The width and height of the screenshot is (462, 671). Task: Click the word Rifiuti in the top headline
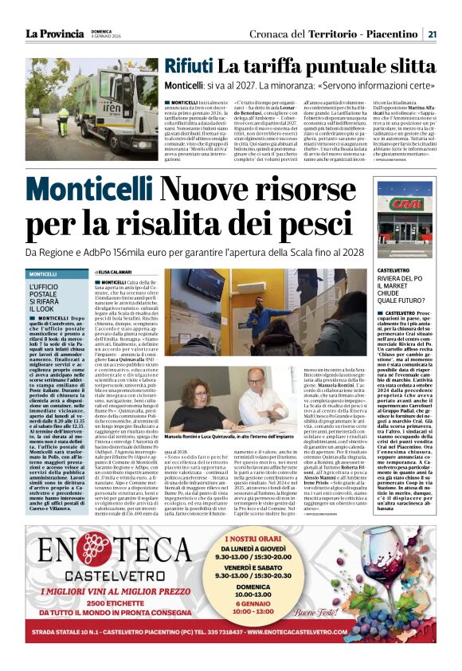click(x=188, y=66)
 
